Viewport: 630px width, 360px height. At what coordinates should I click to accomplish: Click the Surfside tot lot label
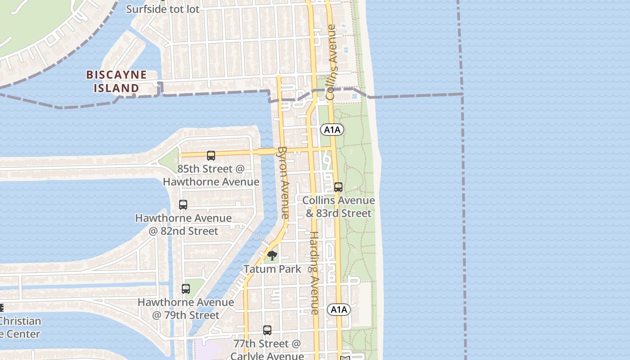click(x=162, y=9)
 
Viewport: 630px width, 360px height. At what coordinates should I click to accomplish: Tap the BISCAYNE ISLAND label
click(x=117, y=81)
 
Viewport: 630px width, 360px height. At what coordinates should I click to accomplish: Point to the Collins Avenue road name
click(x=332, y=62)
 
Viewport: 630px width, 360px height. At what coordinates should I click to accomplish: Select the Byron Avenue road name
click(x=283, y=183)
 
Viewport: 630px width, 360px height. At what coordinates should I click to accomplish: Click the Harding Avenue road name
click(x=314, y=273)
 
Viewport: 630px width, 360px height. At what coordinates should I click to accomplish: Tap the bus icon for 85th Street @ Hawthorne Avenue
click(x=211, y=156)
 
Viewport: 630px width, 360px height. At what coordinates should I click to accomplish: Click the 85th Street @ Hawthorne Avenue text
click(x=211, y=175)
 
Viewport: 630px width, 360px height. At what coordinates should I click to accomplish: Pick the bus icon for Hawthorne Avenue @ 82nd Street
click(x=183, y=204)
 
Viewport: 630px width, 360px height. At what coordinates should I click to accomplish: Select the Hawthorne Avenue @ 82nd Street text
click(x=184, y=225)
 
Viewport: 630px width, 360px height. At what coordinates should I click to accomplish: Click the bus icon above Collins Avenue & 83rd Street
click(x=338, y=187)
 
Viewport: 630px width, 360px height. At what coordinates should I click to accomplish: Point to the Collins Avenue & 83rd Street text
click(x=338, y=207)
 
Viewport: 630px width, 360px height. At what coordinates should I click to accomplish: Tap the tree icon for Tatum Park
click(x=272, y=256)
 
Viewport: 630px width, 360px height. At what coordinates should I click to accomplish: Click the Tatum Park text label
click(x=272, y=269)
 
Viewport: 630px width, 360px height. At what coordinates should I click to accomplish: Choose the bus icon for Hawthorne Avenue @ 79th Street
click(x=186, y=289)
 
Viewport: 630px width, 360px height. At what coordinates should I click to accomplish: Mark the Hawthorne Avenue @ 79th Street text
click(x=185, y=309)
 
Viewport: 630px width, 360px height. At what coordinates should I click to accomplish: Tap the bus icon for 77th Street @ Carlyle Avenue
click(x=267, y=330)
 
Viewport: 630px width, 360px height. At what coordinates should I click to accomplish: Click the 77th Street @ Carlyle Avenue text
click(x=267, y=350)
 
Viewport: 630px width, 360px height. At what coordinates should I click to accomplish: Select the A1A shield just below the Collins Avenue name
click(x=332, y=130)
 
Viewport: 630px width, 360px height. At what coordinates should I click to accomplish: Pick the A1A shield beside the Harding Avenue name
click(x=338, y=310)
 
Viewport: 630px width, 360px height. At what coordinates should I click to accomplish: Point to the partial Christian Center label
click(x=20, y=328)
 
